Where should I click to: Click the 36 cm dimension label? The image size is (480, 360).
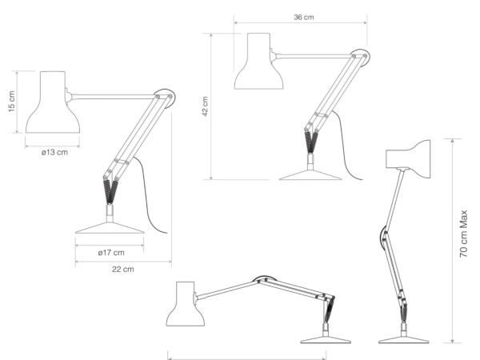304,17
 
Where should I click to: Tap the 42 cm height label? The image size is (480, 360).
205,106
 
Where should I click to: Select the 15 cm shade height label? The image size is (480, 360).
11,102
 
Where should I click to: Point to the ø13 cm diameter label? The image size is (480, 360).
54,152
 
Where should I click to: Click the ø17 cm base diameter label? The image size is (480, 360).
111,253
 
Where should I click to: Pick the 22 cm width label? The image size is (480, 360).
122,269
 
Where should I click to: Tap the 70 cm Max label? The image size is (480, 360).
464,234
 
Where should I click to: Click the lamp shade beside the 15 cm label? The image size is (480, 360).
53,102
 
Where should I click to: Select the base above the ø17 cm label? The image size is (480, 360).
110,228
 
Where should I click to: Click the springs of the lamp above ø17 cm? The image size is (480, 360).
110,192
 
